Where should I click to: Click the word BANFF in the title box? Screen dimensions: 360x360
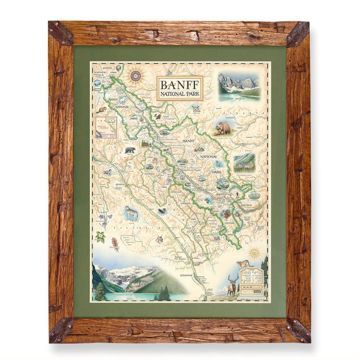click(x=180, y=85)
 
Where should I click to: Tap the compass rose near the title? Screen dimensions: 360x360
click(x=136, y=75)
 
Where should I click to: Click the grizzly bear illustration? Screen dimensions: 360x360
click(x=224, y=128)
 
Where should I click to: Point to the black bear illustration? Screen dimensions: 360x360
click(x=130, y=150)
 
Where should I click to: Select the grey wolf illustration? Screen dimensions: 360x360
click(x=132, y=213)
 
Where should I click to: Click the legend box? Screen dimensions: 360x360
click(x=252, y=280)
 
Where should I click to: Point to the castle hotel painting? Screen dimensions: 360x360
click(x=244, y=163)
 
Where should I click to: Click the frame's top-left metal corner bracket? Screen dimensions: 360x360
click(x=60, y=33)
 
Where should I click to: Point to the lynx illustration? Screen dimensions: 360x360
click(x=160, y=239)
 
